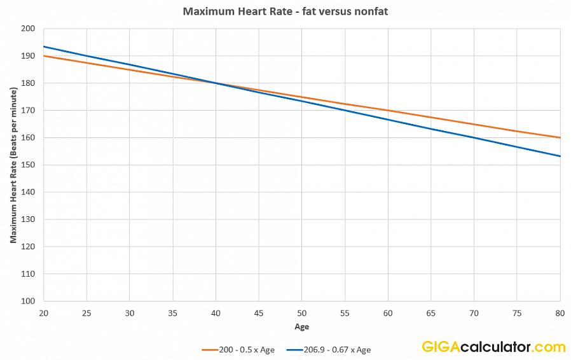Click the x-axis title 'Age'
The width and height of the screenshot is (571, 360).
click(302, 327)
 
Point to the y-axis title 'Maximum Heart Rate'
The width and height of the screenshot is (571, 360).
click(13, 165)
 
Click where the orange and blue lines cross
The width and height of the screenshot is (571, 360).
click(216, 83)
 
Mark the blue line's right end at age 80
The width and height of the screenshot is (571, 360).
click(560, 156)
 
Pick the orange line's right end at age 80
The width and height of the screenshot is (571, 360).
click(560, 137)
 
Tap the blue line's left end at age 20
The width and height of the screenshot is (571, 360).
click(43, 46)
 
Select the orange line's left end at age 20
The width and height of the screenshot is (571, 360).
click(43, 56)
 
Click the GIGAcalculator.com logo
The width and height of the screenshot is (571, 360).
click(493, 347)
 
